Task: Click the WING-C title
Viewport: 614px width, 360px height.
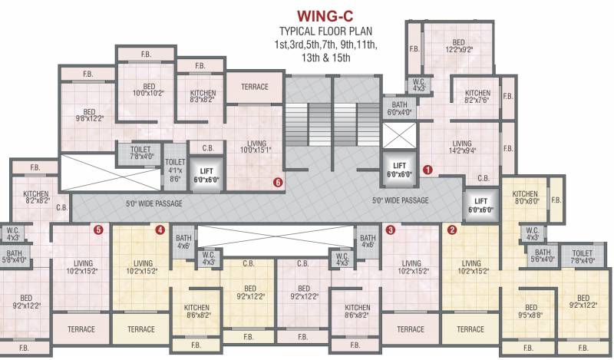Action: (x=328, y=15)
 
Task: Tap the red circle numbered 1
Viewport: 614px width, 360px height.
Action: (x=428, y=168)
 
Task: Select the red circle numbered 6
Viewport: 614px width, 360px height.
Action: (x=278, y=183)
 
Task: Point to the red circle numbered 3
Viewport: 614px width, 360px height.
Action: (x=391, y=229)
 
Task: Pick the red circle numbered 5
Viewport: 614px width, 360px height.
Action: (x=98, y=229)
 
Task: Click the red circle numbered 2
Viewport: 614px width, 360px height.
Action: (x=452, y=229)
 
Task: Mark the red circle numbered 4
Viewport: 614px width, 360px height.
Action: (x=160, y=229)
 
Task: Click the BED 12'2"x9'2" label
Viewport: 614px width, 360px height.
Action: (x=457, y=46)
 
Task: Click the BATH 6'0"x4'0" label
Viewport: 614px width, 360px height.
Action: (x=399, y=108)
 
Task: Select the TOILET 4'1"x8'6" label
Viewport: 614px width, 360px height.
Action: (x=174, y=170)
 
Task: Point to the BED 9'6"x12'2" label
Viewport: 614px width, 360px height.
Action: (x=89, y=115)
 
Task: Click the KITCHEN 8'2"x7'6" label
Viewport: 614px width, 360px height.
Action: (x=477, y=97)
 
